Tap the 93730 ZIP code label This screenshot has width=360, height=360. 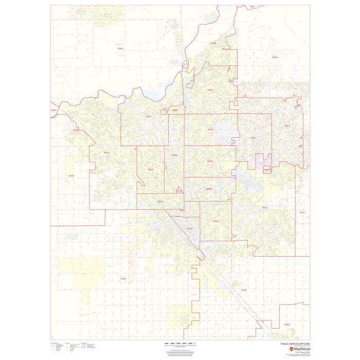pos(213,44)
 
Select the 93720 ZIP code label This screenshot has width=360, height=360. pos(210,89)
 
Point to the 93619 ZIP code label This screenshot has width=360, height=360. pos(275,57)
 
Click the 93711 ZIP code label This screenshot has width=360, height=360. pos(149,117)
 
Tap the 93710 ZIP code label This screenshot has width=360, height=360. pos(210,129)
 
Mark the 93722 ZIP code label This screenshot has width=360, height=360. pos(107,152)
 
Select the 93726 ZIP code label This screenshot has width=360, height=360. pos(209,161)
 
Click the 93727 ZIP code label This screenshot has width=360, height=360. pos(265,208)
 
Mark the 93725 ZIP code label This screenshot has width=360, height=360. pos(244,290)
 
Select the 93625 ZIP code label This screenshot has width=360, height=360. pos(286,325)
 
